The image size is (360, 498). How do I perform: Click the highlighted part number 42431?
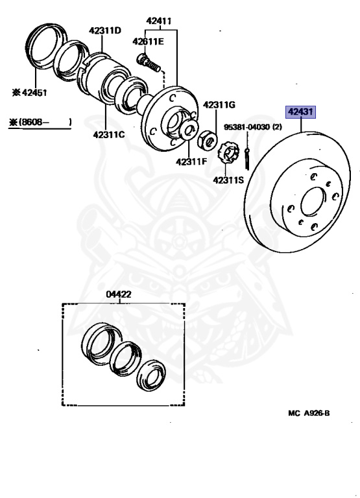pos(300,112)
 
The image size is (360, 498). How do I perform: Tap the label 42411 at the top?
pos(158,21)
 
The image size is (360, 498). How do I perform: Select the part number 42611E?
pos(148,41)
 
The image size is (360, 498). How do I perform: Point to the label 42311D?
pos(105,31)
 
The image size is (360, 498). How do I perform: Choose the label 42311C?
pos(109,135)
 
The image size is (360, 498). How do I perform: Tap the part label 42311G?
pos(219,105)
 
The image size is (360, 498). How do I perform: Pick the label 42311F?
pos(191,161)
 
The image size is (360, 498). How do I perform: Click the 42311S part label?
pos(228,180)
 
